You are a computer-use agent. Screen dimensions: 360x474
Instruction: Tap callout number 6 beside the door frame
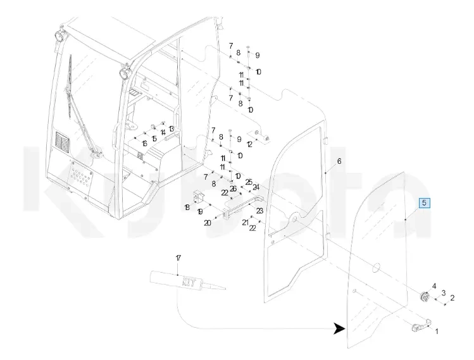coord(339,161)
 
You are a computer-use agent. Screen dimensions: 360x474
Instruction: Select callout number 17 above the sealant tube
coord(178,258)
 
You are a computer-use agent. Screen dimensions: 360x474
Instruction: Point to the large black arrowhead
coord(340,328)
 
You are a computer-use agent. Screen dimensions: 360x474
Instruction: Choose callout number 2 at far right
coord(452,297)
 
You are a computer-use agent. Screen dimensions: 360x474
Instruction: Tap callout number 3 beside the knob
coord(444,292)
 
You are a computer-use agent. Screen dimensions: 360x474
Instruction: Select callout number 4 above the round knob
coord(434,287)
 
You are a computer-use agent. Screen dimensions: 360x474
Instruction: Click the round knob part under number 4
coord(424,297)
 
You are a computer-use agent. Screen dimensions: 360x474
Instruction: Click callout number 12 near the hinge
coord(249,145)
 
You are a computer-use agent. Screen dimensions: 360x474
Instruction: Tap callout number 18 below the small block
coord(187,208)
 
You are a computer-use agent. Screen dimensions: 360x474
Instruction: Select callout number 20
coord(207,223)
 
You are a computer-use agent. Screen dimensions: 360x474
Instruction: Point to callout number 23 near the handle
coord(259,211)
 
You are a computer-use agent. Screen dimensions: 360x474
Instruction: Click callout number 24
coord(256,187)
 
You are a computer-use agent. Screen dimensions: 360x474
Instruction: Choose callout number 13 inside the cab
coord(171,128)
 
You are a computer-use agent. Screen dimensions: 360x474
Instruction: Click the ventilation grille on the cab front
coord(63,141)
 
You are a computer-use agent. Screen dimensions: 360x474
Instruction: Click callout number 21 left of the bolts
coord(245,223)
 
